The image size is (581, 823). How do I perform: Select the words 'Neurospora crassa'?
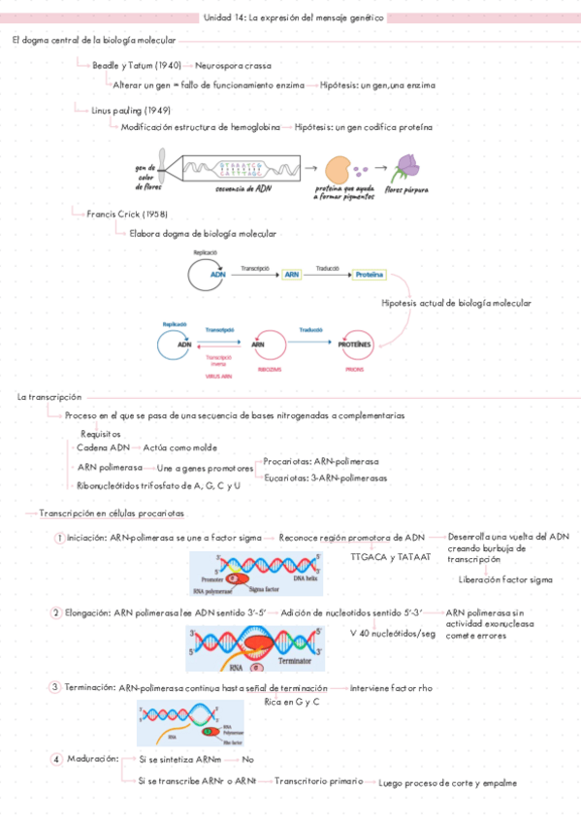[x=233, y=65]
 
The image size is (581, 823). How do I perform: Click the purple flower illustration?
[x=406, y=169]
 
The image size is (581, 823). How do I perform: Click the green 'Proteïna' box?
[x=369, y=276]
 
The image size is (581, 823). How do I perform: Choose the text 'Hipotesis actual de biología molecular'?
[x=456, y=303]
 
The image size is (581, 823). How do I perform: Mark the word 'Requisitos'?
[x=101, y=434]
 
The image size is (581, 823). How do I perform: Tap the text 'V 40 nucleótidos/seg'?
[x=392, y=633]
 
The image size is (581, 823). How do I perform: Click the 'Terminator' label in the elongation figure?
[x=298, y=659]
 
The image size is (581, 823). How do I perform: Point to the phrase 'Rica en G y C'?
[x=291, y=701]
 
